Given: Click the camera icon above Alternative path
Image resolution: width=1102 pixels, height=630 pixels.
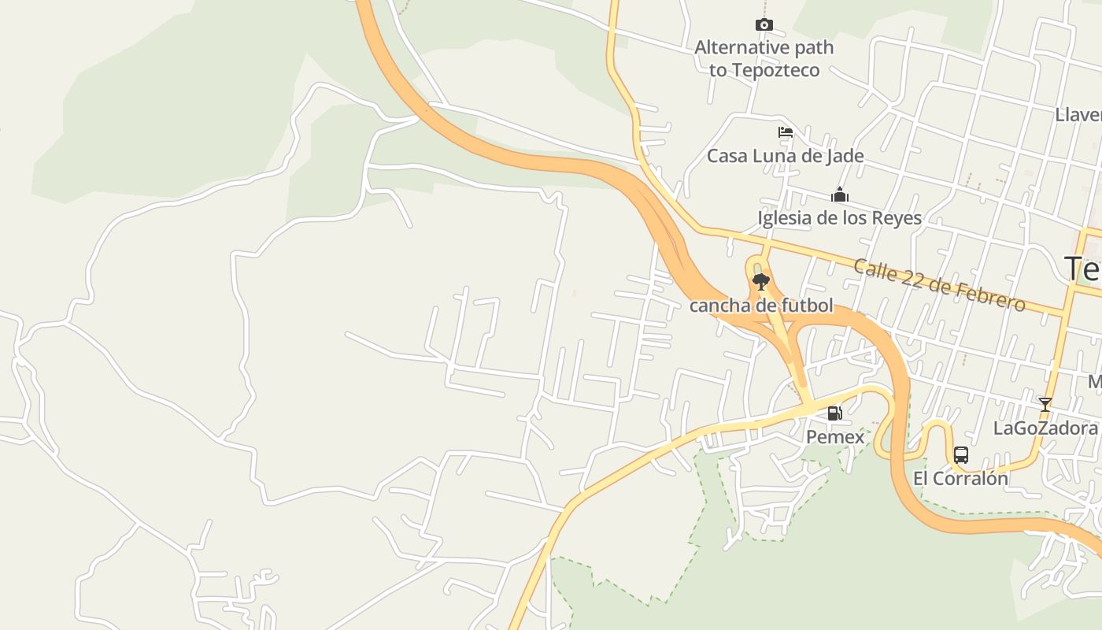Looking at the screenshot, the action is click(x=764, y=25).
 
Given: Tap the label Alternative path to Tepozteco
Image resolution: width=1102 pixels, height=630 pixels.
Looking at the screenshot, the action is click(x=764, y=59).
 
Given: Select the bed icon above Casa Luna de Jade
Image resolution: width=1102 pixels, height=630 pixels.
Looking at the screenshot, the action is click(x=785, y=132).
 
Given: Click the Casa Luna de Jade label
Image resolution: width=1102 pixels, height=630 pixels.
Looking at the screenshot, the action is click(x=785, y=156).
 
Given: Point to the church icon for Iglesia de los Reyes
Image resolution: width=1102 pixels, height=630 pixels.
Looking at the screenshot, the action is click(x=840, y=195).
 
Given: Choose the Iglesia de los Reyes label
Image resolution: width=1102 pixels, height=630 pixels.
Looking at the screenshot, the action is click(x=839, y=218).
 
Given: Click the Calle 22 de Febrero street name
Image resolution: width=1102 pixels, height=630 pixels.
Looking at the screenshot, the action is click(x=939, y=285).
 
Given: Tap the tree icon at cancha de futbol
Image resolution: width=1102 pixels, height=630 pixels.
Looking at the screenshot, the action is click(x=760, y=281).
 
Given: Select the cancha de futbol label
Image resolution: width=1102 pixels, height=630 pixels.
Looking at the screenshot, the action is click(x=760, y=306).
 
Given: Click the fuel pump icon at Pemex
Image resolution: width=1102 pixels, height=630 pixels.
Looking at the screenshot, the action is click(x=834, y=413).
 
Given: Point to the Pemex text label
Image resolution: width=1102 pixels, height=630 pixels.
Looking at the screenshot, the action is click(x=834, y=436).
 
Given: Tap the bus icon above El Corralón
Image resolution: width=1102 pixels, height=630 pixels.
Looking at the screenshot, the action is click(x=960, y=454).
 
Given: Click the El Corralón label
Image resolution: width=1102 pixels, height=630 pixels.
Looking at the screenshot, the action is click(x=960, y=478).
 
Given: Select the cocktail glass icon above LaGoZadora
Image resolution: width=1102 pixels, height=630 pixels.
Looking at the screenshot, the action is click(x=1045, y=405).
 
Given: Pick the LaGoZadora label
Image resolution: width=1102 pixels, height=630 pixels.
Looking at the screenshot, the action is click(x=1045, y=428).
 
